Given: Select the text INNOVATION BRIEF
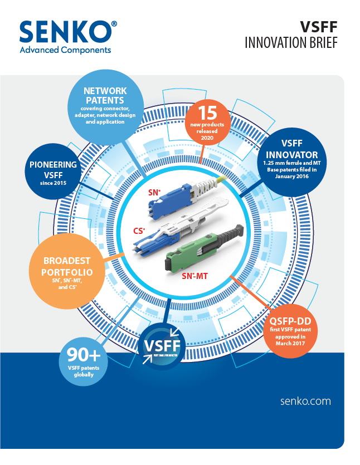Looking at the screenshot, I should pyautogui.click(x=291, y=43).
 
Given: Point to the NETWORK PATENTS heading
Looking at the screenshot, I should pyautogui.click(x=105, y=95).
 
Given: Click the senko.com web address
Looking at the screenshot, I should pyautogui.click(x=307, y=401).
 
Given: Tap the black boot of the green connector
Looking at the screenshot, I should pyautogui.click(x=226, y=234).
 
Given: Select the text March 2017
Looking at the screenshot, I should pyautogui.click(x=290, y=344).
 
